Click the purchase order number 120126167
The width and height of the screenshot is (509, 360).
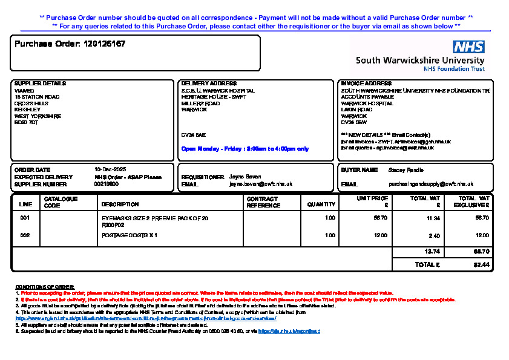[x=105, y=44]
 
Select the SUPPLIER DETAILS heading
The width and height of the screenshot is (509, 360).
[x=40, y=83]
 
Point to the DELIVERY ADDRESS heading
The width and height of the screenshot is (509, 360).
[x=209, y=83]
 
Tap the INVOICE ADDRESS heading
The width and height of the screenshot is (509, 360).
[x=366, y=83]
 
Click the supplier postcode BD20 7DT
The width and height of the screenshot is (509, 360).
[x=26, y=122]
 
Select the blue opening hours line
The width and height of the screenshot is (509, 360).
[x=245, y=148]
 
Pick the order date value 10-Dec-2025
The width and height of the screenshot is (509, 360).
[x=110, y=169]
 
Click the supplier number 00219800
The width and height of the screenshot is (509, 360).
[x=107, y=184]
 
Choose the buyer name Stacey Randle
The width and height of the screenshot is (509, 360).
[x=406, y=170]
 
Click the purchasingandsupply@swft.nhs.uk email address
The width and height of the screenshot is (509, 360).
[x=430, y=184]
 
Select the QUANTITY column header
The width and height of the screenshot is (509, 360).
[x=321, y=205]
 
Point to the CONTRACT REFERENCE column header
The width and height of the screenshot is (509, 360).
[x=263, y=202]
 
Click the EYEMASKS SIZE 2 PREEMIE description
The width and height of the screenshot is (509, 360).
[x=155, y=217]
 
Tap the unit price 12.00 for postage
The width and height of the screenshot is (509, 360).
[x=381, y=235]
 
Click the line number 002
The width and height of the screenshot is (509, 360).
[x=25, y=235]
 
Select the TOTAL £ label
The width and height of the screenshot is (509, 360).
[x=427, y=264]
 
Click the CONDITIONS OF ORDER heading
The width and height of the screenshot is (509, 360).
[x=44, y=286]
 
